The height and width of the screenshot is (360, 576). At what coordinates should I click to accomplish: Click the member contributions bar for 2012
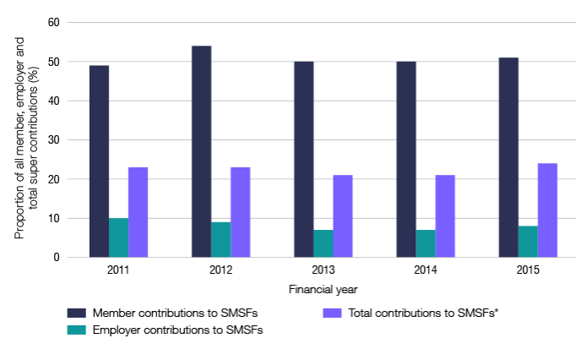click(201, 151)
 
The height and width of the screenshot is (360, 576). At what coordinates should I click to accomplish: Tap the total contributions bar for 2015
click(547, 210)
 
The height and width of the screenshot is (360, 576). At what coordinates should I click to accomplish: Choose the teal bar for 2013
click(323, 243)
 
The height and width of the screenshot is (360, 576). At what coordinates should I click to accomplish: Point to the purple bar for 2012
click(241, 212)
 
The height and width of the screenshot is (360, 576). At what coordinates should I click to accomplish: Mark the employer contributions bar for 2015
click(528, 242)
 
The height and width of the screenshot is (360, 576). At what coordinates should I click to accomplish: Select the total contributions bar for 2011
click(139, 212)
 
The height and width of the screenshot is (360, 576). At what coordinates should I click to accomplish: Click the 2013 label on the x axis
click(323, 270)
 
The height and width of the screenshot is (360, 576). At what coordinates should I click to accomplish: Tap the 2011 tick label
click(118, 270)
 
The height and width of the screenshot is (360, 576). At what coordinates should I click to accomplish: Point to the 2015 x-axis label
click(527, 270)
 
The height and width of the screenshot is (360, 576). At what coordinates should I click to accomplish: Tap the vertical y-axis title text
click(25, 140)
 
